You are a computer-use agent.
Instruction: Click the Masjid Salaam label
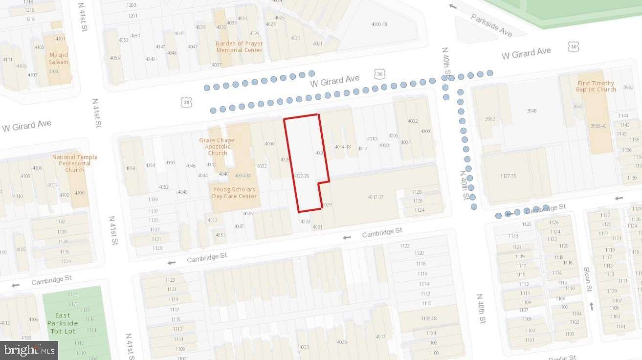click(59, 58)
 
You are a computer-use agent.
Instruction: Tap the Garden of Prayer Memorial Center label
click(239, 46)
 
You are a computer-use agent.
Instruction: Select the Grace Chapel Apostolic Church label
click(217, 146)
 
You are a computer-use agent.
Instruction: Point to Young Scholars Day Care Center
click(234, 193)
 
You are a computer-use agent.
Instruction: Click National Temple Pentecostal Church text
click(75, 163)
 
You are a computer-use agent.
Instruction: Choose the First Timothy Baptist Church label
click(596, 86)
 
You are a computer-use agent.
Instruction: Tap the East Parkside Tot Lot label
click(63, 323)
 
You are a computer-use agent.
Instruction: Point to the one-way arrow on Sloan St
click(592, 306)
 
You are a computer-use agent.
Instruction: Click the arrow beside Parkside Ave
click(453, 6)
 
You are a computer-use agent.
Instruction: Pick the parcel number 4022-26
click(302, 176)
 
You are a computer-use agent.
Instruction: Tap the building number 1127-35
click(509, 176)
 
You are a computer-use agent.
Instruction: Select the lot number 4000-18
click(379, 24)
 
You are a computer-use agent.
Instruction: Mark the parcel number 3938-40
click(598, 126)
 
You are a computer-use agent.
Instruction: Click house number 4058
click(130, 168)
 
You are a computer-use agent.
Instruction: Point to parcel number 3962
click(490, 119)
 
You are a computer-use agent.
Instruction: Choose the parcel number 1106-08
click(428, 318)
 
